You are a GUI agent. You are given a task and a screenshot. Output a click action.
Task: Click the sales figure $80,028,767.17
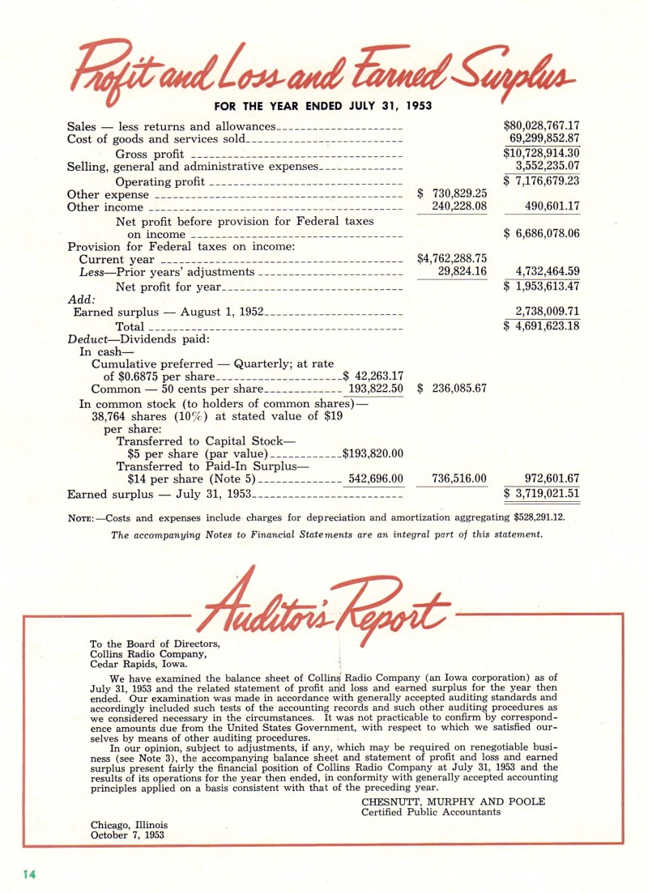541,126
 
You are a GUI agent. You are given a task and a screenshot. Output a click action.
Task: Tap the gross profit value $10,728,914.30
541,154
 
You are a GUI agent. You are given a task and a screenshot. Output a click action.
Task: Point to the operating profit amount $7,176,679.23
541,181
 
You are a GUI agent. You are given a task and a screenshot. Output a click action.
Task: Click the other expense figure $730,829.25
451,193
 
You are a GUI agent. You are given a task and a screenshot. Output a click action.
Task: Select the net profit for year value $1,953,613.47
541,287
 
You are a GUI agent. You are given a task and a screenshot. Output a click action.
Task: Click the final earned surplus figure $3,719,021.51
541,493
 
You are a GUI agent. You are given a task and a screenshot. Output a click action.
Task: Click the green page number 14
30,874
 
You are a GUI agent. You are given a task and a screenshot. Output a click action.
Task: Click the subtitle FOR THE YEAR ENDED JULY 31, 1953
322,105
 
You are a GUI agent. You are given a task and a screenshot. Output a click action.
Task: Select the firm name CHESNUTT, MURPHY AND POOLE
453,802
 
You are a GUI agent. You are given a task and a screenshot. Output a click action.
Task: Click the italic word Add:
82,299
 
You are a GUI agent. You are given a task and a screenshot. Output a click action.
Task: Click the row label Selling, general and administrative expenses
193,167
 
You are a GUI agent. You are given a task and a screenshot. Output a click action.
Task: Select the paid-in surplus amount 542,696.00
375,478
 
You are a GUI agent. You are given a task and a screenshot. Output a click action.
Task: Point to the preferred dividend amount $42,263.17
373,376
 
